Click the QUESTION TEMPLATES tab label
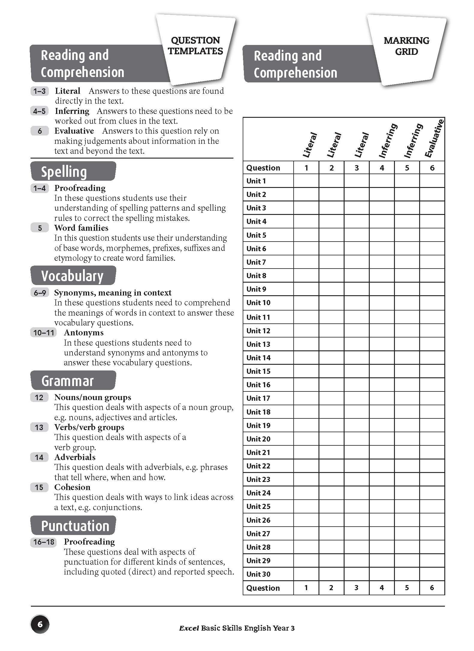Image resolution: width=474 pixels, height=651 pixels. pyautogui.click(x=195, y=46)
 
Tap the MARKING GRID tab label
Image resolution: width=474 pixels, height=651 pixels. pyautogui.click(x=406, y=46)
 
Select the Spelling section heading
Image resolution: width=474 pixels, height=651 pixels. pyautogui.click(x=64, y=172)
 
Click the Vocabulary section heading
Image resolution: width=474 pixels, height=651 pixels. pyautogui.click(x=72, y=276)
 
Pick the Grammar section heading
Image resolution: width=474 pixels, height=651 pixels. pyautogui.click(x=67, y=381)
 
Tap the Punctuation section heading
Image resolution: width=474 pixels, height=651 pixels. pyautogui.click(x=75, y=526)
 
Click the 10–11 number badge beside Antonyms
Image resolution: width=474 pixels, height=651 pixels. pyautogui.click(x=44, y=333)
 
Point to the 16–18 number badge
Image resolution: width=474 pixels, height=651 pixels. pyautogui.click(x=44, y=542)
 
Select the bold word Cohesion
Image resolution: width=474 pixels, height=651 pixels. pyautogui.click(x=72, y=487)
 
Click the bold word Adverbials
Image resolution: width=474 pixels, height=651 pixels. pyautogui.click(x=75, y=457)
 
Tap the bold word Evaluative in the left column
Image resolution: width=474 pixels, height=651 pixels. pyautogui.click(x=74, y=131)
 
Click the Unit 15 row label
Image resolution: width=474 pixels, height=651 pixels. pyautogui.click(x=258, y=371)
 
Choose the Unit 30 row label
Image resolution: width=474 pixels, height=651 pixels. pyautogui.click(x=258, y=574)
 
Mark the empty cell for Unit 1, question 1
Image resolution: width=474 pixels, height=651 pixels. pyautogui.click(x=306, y=181)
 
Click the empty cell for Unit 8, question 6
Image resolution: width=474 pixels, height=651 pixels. pyautogui.click(x=432, y=275)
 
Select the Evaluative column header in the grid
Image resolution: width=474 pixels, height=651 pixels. pyautogui.click(x=434, y=139)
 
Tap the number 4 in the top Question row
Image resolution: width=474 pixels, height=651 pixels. pyautogui.click(x=382, y=168)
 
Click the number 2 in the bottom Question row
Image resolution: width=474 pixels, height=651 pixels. pyautogui.click(x=331, y=588)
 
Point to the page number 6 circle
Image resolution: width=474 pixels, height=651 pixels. pyautogui.click(x=40, y=625)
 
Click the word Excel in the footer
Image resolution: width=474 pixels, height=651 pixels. pyautogui.click(x=189, y=628)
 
